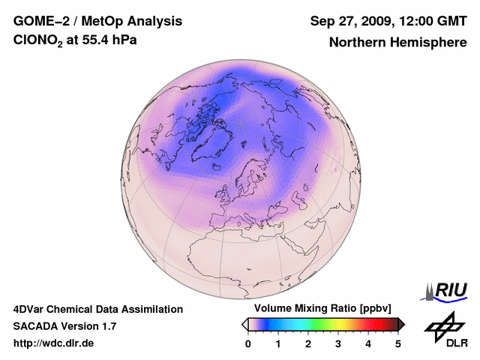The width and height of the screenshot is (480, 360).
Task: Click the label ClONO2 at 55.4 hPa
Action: pos(75,40)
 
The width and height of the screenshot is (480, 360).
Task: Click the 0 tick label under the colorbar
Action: pos(248,343)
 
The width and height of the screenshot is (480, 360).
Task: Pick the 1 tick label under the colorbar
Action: pos(278,343)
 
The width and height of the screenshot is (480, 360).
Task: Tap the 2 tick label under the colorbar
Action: pos(308,343)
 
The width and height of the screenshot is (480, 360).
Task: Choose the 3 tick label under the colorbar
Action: pos(338,343)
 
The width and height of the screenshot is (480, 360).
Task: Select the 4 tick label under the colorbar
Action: pos(368,343)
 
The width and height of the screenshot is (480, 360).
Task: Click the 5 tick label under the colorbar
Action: pos(398,343)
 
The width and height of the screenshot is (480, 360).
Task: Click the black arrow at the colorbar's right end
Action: pos(401,324)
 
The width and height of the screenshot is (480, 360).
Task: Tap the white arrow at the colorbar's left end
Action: pos(244,324)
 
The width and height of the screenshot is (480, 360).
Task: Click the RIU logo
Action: pos(447,290)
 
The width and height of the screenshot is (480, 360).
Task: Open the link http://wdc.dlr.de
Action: pos(54,343)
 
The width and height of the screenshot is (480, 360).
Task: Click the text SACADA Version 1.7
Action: pos(64,326)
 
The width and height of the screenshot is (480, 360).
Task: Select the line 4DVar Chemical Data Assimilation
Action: pos(97,309)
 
